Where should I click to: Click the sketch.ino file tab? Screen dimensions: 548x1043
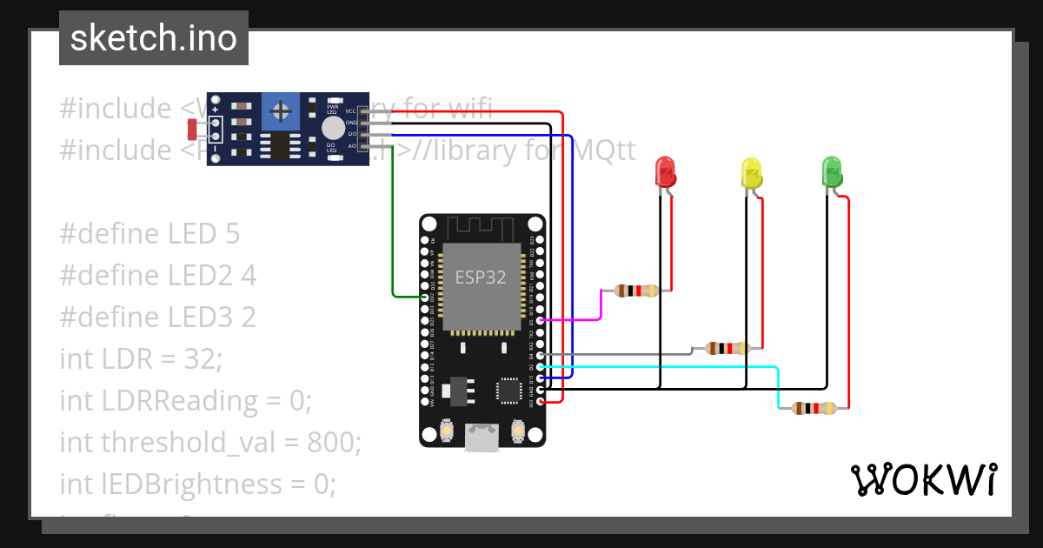tap(153, 38)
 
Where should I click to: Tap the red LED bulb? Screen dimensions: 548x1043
tap(665, 170)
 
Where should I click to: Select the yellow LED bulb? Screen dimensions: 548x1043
tap(750, 172)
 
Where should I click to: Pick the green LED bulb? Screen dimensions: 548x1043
tap(832, 170)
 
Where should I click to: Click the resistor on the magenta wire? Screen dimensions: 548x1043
tap(636, 291)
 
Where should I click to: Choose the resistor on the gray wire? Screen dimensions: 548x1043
tap(727, 349)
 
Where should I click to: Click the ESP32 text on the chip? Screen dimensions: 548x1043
tap(480, 277)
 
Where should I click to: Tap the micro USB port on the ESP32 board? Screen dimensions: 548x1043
tap(482, 438)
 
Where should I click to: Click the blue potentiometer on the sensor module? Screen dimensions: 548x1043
tap(281, 110)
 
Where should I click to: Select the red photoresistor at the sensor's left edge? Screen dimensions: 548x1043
tap(192, 130)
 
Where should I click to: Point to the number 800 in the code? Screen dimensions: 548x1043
tap(330, 442)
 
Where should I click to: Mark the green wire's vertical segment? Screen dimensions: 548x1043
tap(392, 226)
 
